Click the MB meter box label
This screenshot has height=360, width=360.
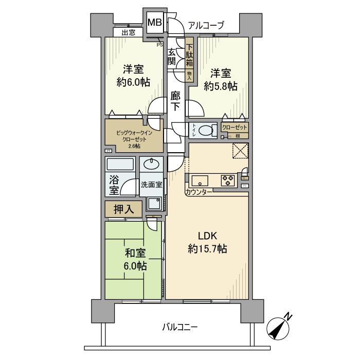click(155, 23)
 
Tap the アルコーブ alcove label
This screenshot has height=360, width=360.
click(206, 25)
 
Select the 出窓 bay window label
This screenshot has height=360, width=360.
click(129, 32)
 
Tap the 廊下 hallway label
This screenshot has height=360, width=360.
click(175, 101)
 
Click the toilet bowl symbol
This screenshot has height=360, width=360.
click(207, 131)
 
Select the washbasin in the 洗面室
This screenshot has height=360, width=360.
click(151, 165)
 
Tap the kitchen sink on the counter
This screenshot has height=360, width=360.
click(199, 181)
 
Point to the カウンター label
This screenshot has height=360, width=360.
click(198, 192)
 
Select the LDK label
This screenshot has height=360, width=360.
click(208, 236)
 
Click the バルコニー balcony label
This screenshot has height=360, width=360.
click(179, 327)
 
